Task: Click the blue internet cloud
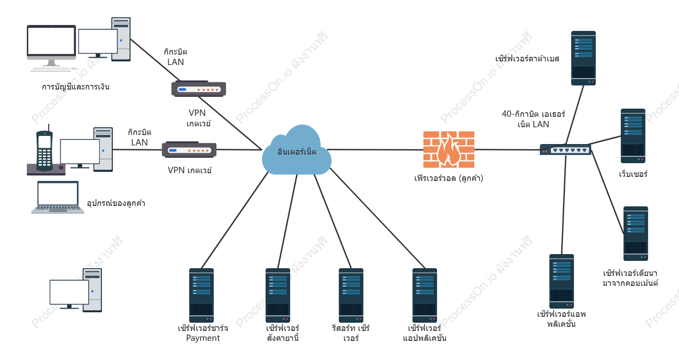pyautogui.click(x=297, y=150)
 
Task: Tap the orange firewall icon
pyautogui.click(x=448, y=150)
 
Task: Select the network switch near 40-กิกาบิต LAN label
pyautogui.click(x=565, y=150)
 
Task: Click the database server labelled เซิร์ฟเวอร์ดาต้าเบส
pyautogui.click(x=583, y=58)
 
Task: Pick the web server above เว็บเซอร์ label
pyautogui.click(x=633, y=136)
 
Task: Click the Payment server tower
pyautogui.click(x=201, y=295)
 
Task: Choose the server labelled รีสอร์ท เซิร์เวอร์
pyautogui.click(x=351, y=295)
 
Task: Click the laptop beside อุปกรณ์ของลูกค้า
pyautogui.click(x=58, y=197)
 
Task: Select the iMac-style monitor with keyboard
pyautogui.click(x=51, y=48)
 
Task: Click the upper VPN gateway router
pyautogui.click(x=199, y=89)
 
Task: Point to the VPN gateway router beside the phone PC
pyautogui.click(x=189, y=150)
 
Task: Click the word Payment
pyautogui.click(x=203, y=338)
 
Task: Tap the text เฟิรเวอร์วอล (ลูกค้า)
pyautogui.click(x=448, y=178)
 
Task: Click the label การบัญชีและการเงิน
pyautogui.click(x=75, y=87)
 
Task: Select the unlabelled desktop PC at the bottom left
pyautogui.click(x=76, y=290)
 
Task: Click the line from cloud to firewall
pyautogui.click(x=375, y=150)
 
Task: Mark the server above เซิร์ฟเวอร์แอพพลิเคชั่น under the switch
pyautogui.click(x=561, y=281)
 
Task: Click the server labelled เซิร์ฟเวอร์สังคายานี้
pyautogui.click(x=278, y=295)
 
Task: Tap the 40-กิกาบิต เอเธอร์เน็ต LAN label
pyautogui.click(x=533, y=119)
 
